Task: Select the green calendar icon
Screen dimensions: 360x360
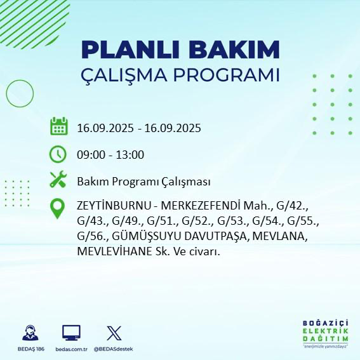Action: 58,126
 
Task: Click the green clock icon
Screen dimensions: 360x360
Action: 58,154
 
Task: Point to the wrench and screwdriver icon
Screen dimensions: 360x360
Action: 58,180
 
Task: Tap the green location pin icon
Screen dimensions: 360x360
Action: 58,209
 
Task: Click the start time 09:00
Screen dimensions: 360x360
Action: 90,154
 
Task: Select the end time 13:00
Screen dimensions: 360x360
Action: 130,154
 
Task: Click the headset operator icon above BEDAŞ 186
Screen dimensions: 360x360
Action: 29,333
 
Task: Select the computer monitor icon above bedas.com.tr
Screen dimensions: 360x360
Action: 71,333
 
